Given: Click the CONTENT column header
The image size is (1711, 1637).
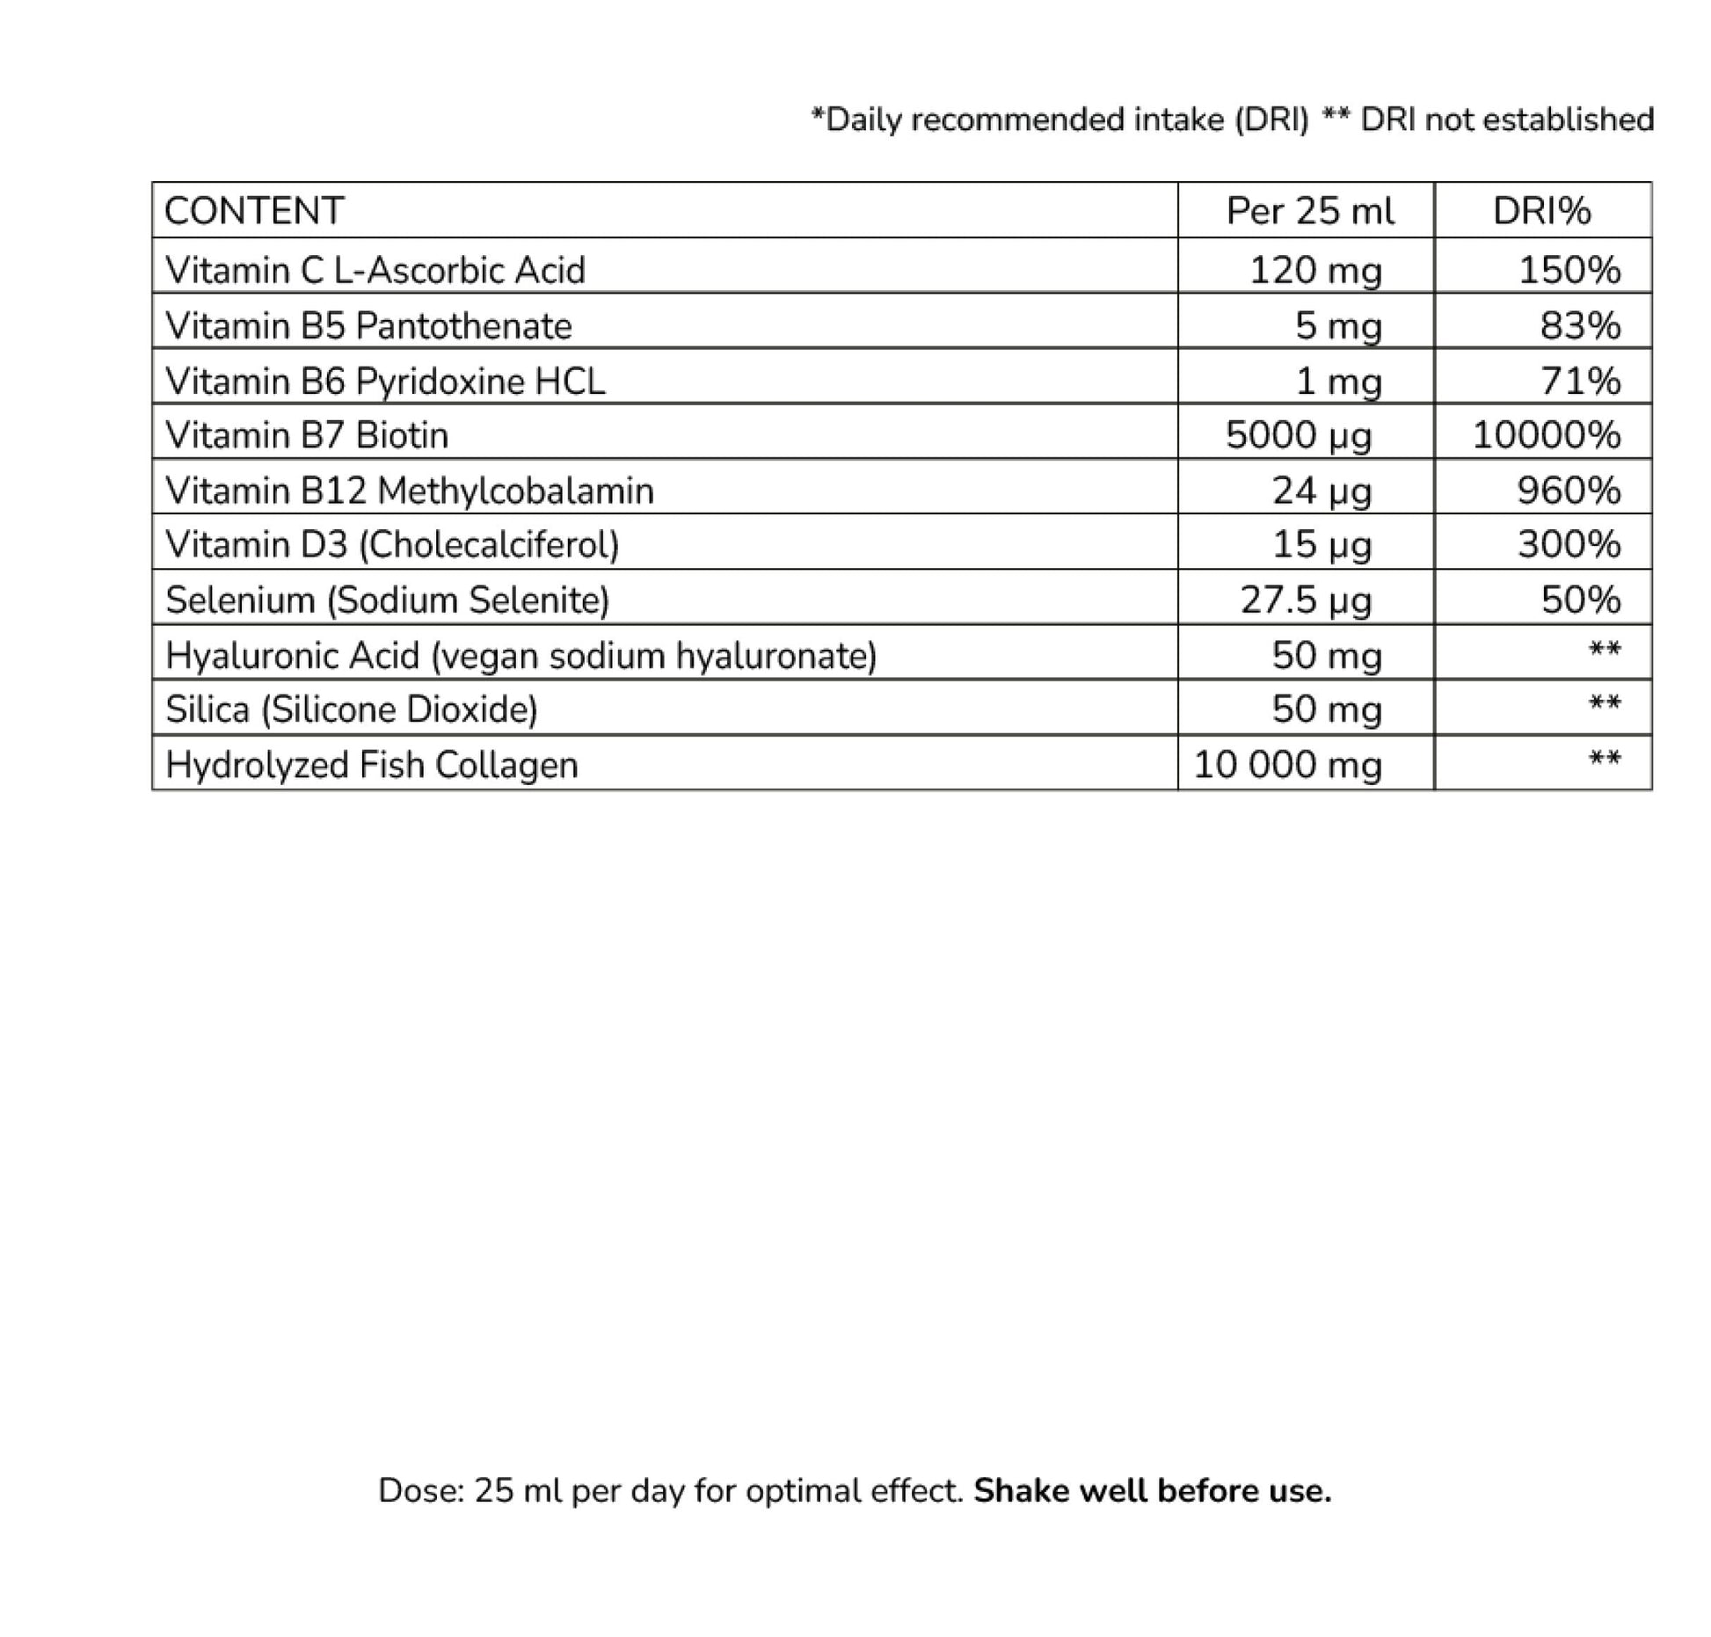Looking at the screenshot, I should [254, 211].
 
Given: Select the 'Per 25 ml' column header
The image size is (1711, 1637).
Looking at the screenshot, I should [1310, 211].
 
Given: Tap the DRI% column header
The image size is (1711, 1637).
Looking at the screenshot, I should [1541, 211].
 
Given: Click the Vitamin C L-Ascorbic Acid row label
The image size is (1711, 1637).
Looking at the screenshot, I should [375, 270].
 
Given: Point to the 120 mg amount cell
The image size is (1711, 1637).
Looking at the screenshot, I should [1315, 270].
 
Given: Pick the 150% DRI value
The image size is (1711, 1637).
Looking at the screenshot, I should [1569, 270].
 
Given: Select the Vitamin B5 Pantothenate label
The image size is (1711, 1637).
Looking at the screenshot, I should [368, 326].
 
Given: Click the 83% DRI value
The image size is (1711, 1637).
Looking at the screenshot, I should [1580, 326].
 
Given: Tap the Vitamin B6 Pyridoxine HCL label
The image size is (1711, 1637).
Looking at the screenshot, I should [385, 382].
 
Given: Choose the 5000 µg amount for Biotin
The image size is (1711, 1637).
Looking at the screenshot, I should [1299, 435].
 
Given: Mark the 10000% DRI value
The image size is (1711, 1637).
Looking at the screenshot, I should [1547, 435].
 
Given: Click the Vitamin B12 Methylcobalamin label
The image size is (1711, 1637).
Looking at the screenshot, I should [410, 491].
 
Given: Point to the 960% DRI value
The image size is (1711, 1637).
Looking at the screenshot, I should [1569, 491].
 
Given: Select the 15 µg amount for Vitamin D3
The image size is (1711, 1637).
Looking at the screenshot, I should [1321, 545].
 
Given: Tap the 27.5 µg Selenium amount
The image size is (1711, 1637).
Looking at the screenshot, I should [1306, 600].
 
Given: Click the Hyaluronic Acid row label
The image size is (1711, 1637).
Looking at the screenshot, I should [521, 656].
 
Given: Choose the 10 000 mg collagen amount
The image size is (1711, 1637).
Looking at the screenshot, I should [1288, 765].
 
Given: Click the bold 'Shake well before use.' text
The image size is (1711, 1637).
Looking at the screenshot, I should [1153, 1490].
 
